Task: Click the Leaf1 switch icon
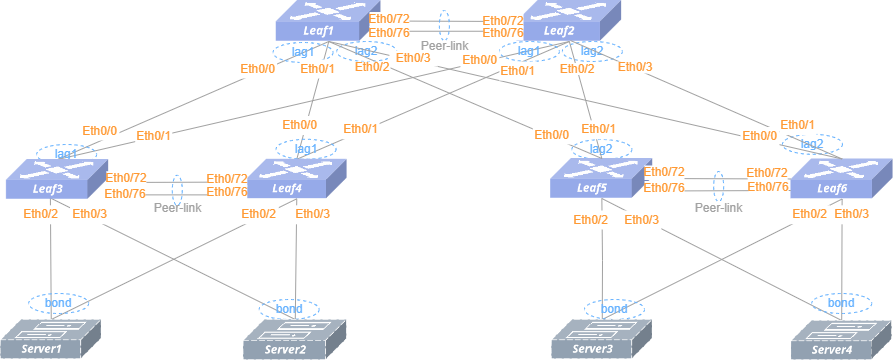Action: [320, 21]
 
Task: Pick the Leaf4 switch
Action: [296, 179]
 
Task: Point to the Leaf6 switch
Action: [841, 179]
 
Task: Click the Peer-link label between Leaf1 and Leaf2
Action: [445, 46]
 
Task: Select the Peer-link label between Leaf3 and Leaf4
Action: [178, 208]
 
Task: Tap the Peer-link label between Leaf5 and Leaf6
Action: [718, 208]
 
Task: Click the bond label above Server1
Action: [58, 302]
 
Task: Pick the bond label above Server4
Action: [842, 302]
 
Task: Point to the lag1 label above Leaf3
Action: [66, 153]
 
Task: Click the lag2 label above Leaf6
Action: [812, 144]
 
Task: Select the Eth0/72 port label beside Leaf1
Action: [389, 18]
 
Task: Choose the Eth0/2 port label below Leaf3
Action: [40, 215]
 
